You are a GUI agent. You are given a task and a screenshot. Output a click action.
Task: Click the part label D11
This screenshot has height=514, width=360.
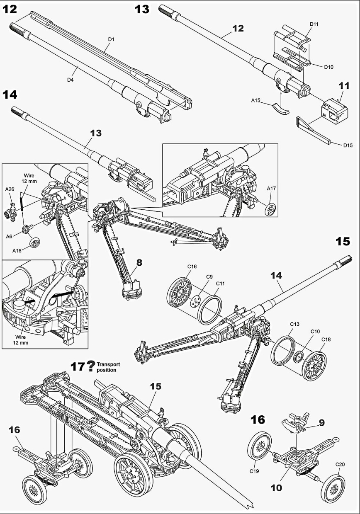pos(314,24)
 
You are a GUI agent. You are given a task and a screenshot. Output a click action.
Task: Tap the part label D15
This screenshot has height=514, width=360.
pos(348,145)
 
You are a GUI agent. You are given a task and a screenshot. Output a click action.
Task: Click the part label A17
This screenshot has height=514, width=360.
pos(271,189)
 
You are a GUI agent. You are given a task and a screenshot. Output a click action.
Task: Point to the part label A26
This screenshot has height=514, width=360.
pos(10,189)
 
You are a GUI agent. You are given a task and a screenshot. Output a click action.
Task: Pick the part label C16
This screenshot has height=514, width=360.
pos(192,267)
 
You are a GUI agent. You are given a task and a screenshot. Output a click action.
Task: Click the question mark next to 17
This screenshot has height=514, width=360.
pos(90,366)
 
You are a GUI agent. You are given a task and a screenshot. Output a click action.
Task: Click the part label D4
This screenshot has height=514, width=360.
pos(71,79)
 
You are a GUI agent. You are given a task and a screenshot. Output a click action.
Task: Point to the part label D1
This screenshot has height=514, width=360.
pos(111,39)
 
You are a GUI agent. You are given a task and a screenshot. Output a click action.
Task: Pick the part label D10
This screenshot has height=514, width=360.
pos(329,66)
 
